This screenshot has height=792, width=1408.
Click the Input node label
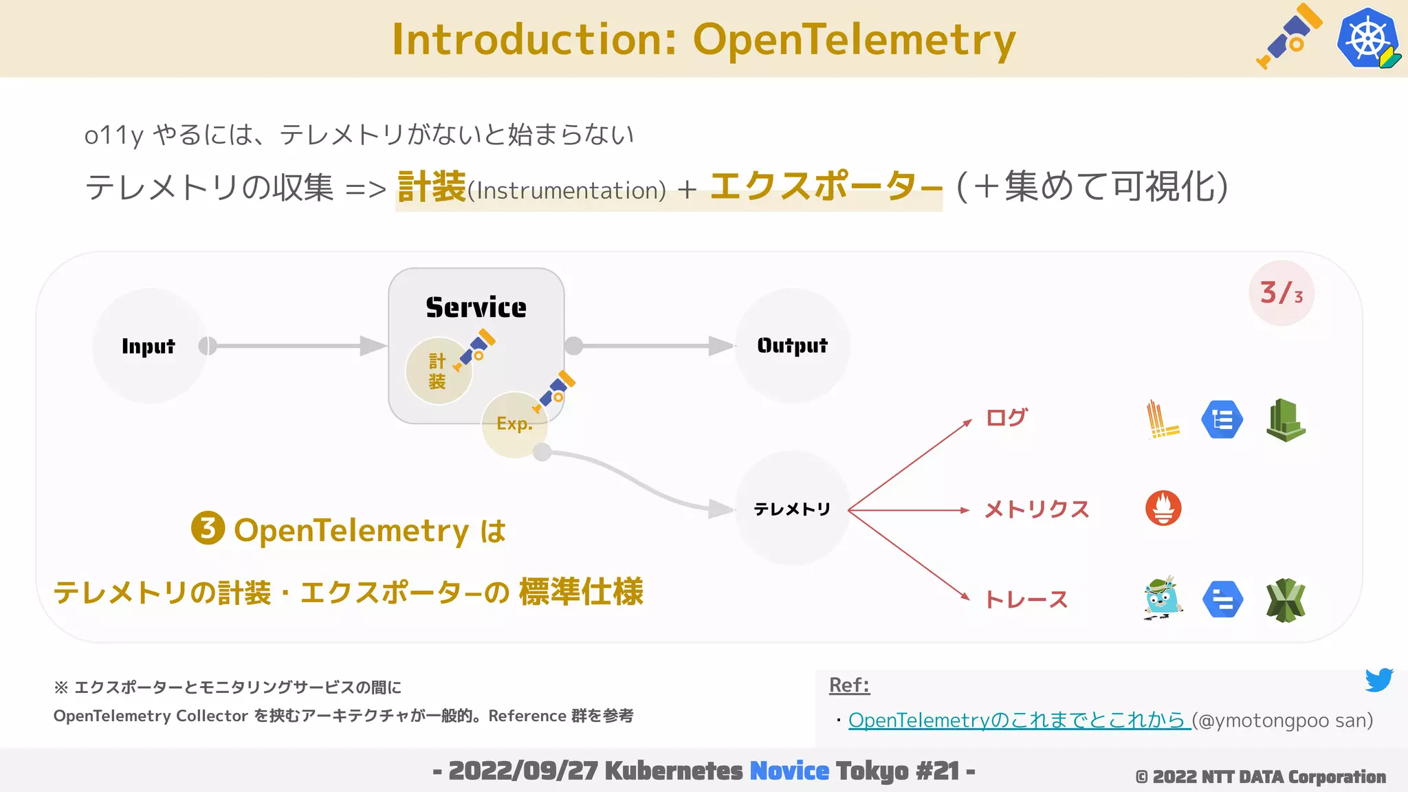pos(148,346)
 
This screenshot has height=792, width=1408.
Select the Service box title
pos(476,307)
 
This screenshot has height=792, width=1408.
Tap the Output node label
pos(792,345)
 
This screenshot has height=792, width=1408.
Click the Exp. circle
pos(514,424)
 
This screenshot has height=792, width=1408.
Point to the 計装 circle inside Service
pos(438,371)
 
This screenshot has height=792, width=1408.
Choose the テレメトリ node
pos(792,509)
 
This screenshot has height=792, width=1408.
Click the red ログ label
pos(1006,417)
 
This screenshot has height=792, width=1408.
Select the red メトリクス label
pos(1037,509)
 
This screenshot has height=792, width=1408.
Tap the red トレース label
pos(1026,599)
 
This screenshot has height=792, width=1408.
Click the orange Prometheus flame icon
pos(1163,509)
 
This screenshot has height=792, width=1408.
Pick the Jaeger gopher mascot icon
pos(1162,599)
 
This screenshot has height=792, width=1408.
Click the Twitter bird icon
pos(1378,680)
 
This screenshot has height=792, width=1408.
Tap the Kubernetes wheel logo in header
pos(1367,38)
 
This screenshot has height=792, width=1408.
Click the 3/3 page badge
pos(1281,294)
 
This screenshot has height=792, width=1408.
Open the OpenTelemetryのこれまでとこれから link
pos(1019,720)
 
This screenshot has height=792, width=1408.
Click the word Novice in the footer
pos(789,771)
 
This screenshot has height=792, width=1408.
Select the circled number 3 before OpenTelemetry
pos(208,528)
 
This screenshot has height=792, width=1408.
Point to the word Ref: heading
pos(849,685)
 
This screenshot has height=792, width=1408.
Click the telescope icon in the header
pos(1288,37)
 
